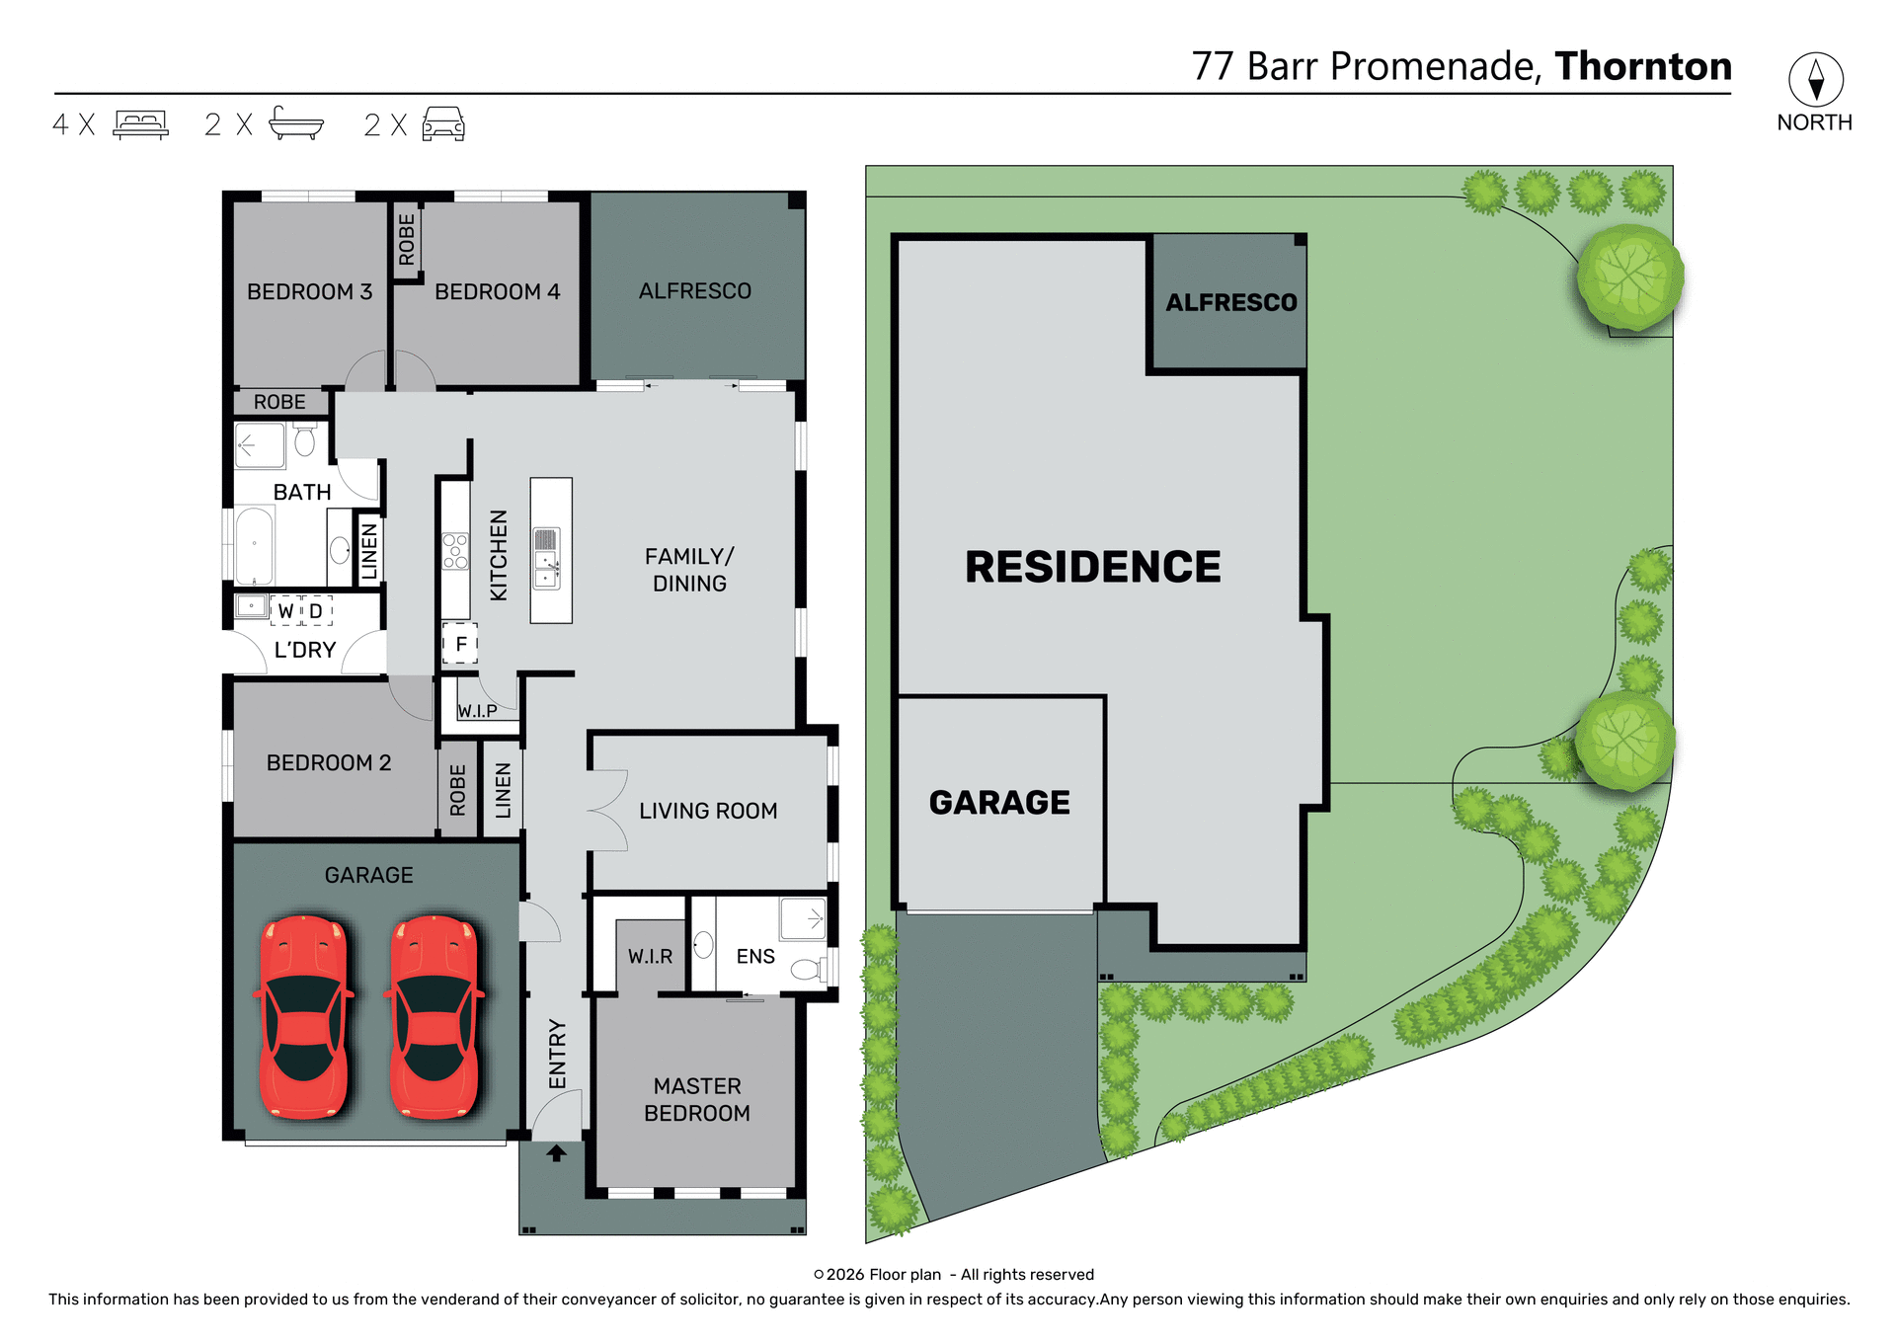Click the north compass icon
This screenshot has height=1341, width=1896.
[1815, 80]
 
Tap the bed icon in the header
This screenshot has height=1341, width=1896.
[140, 124]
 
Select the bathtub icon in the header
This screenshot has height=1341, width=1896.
[296, 123]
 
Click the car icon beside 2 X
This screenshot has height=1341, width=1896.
[443, 124]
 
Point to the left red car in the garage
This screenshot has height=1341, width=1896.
[304, 1017]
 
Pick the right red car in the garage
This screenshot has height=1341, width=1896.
[434, 1017]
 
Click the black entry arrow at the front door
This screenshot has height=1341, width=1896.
[556, 1152]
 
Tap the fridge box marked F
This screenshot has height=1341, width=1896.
[460, 644]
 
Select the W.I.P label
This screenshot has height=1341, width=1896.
[477, 711]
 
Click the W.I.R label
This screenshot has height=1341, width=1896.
[650, 956]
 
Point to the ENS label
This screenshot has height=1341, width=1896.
[755, 956]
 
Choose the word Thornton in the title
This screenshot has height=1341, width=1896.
[1643, 66]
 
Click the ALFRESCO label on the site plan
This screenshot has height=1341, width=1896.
[1231, 302]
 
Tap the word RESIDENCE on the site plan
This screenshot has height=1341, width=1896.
[1092, 567]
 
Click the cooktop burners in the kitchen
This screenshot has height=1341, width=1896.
[455, 551]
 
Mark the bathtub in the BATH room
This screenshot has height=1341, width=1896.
[255, 546]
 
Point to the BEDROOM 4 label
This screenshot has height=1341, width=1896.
[497, 291]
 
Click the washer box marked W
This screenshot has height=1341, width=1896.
[285, 611]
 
